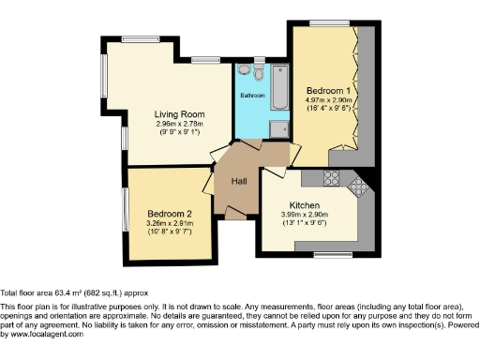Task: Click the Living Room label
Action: [x=175, y=114]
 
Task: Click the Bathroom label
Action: [x=251, y=96]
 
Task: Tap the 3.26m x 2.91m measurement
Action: [x=170, y=223]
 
